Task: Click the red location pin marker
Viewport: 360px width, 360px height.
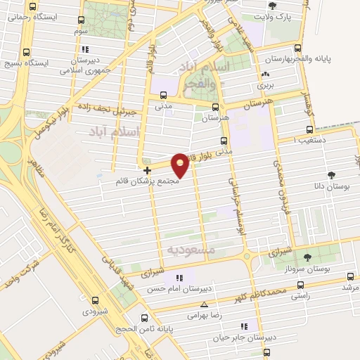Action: [x=180, y=165]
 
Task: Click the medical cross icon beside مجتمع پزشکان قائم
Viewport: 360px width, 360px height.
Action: [x=146, y=170]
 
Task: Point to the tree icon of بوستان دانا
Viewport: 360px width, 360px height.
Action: [x=331, y=176]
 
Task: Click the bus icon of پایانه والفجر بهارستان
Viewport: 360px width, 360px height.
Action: [x=297, y=49]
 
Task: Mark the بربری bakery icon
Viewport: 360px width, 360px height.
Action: [x=265, y=74]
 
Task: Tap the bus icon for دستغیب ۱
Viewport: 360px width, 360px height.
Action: [x=311, y=130]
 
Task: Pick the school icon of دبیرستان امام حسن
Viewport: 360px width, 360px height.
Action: [x=179, y=278]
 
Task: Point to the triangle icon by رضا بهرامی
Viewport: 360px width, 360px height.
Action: [x=204, y=304]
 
